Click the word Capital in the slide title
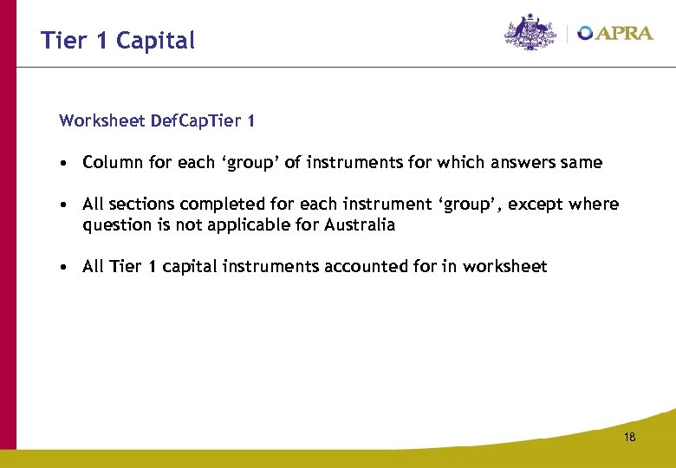point(155,41)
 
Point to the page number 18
point(629,438)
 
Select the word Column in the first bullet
point(112,163)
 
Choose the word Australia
point(361,225)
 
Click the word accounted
point(363,267)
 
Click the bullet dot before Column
point(65,163)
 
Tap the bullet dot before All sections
point(65,205)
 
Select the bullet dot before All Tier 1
point(65,268)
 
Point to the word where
point(595,205)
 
